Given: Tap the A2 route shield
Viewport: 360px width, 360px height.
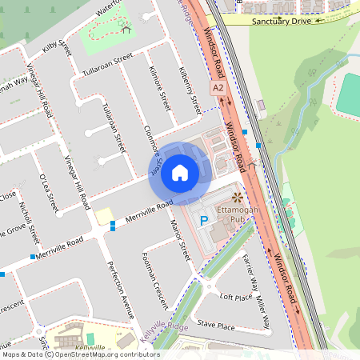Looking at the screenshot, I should [218, 87].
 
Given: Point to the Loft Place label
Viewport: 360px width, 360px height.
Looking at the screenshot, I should [236, 297].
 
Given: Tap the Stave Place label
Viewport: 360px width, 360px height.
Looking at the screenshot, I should [216, 326].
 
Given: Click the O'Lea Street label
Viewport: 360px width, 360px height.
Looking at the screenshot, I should [48, 193].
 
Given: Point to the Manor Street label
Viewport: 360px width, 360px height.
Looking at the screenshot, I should [183, 240].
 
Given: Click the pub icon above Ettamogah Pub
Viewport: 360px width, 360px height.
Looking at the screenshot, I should [236, 197].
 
